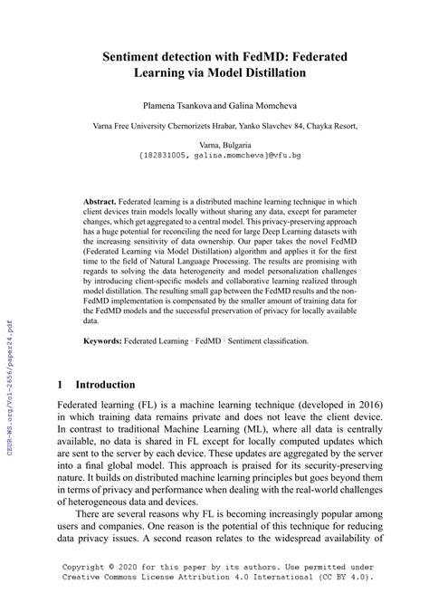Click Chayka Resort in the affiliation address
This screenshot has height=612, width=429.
click(337, 128)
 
